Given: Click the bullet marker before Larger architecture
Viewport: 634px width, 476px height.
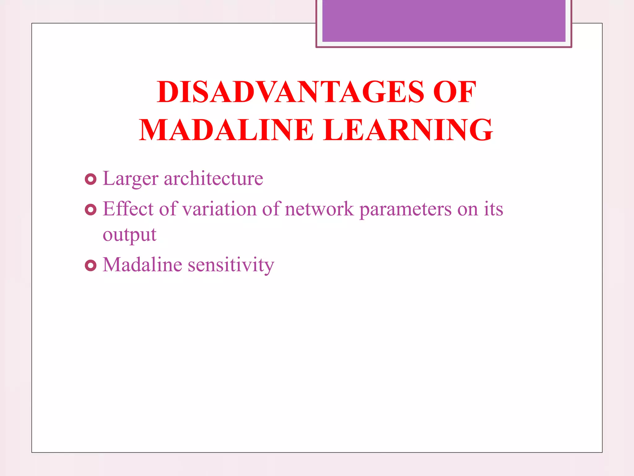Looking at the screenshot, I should tap(90, 179).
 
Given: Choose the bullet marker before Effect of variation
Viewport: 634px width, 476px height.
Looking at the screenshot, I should tap(90, 210).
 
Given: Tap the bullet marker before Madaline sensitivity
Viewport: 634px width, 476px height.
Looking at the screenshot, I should tap(90, 265).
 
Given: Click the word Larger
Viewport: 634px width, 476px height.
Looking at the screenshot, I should tap(130, 179).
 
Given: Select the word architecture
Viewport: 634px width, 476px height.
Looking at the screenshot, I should tap(213, 178).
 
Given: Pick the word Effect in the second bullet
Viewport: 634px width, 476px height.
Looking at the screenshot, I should tap(128, 209).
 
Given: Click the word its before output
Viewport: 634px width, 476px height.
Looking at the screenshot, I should tap(493, 209).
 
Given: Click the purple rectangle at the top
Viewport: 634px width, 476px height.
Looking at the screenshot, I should tap(444, 20).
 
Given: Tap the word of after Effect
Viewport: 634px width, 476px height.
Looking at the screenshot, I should tap(168, 209).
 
